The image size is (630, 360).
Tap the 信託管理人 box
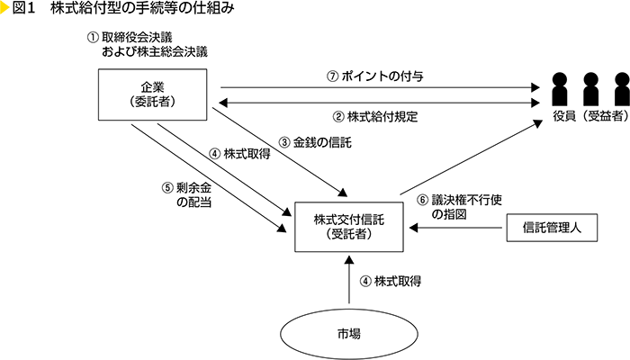552,227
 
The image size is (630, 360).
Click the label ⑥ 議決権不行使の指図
451,207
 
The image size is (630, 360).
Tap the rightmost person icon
620,88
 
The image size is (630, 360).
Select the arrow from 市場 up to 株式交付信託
346,280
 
